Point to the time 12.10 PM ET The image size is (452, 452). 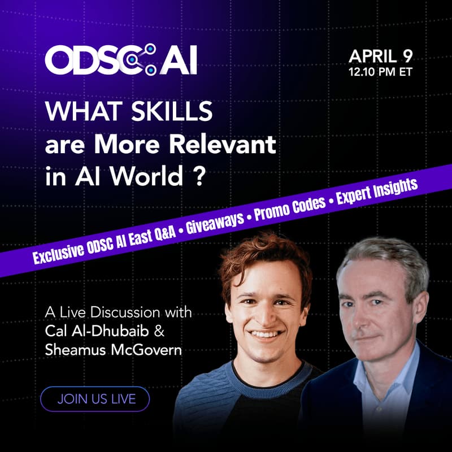tap(380, 72)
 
